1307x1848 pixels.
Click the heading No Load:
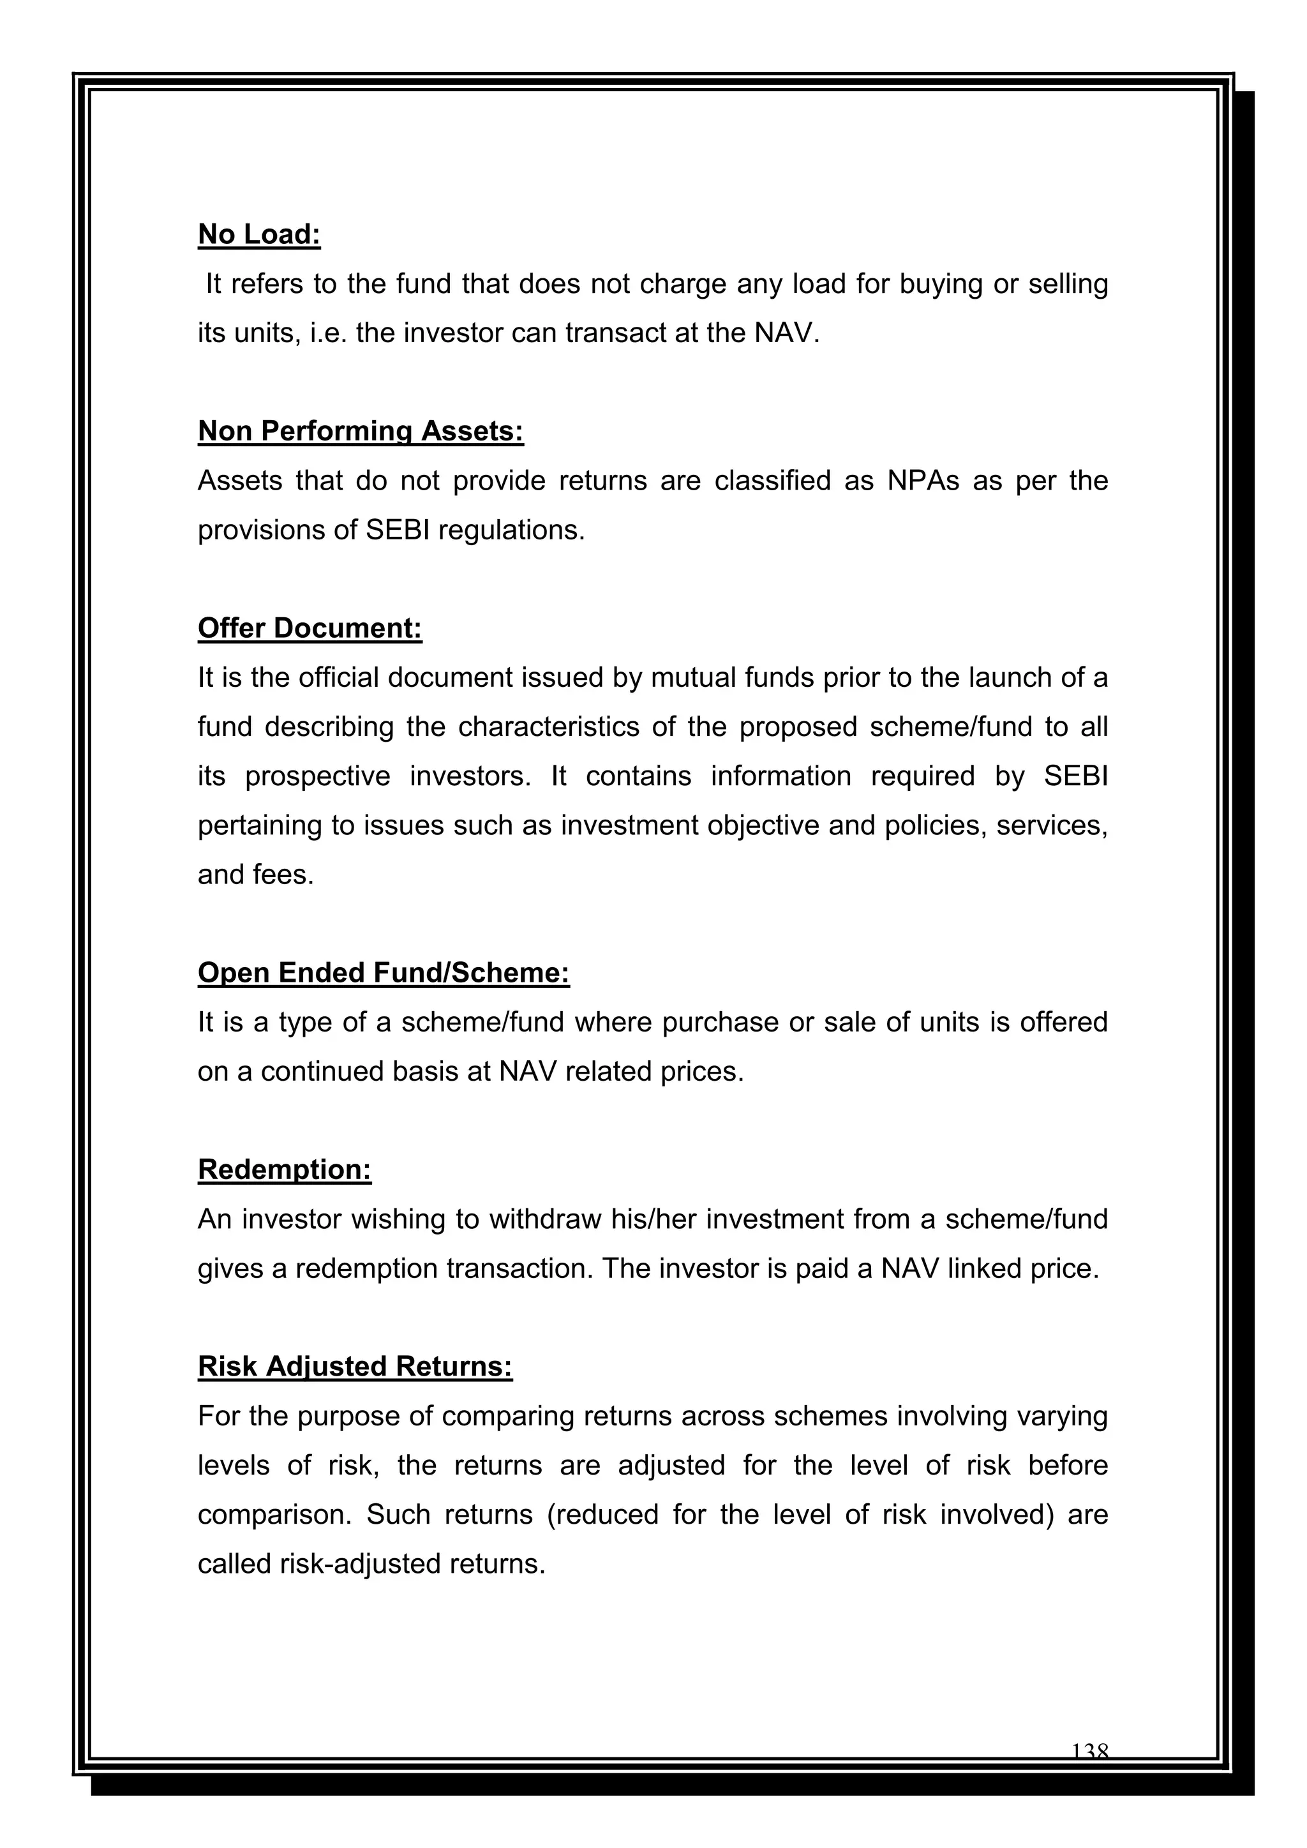tap(259, 234)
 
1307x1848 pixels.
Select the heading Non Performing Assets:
tap(361, 432)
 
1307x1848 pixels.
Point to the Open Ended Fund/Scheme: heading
tap(384, 973)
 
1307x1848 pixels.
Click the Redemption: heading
tap(285, 1169)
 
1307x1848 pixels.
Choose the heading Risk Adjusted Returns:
tap(355, 1367)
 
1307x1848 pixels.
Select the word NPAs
tap(922, 481)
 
